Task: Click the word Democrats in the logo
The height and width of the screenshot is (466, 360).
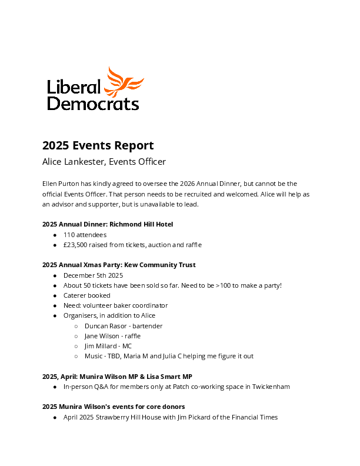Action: pos(93,104)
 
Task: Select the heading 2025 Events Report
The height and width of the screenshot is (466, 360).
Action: pos(98,145)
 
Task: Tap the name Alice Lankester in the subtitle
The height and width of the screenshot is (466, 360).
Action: pos(72,161)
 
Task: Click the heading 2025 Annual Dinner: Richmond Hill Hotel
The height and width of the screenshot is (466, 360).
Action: pos(108,224)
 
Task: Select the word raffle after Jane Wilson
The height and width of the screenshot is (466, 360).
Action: pos(131,336)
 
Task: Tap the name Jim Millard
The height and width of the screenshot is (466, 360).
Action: pos(100,346)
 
